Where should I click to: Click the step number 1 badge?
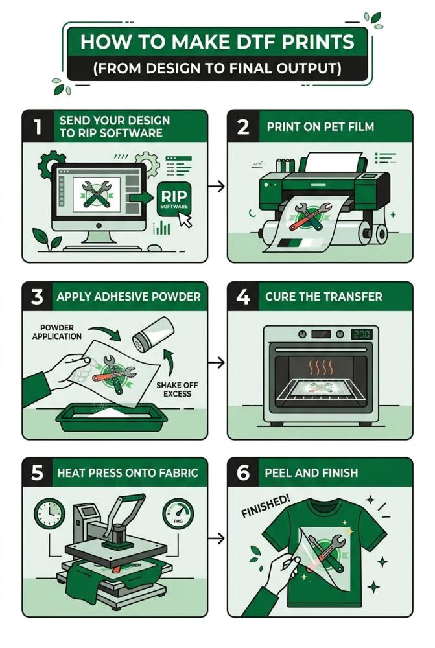[x=38, y=126]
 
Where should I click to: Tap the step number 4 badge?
[x=244, y=296]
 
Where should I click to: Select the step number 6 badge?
[x=244, y=472]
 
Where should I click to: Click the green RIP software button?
[x=174, y=199]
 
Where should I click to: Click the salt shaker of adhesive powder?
[x=153, y=334]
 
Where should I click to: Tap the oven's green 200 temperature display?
[x=361, y=334]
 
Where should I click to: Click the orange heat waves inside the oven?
[x=321, y=367]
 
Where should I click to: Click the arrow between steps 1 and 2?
[x=217, y=186]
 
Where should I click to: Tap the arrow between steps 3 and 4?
[x=217, y=362]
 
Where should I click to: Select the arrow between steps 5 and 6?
[x=217, y=538]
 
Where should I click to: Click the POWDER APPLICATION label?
[x=57, y=332]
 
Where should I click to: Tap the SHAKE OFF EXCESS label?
[x=177, y=389]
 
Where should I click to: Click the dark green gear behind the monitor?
[x=51, y=165]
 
